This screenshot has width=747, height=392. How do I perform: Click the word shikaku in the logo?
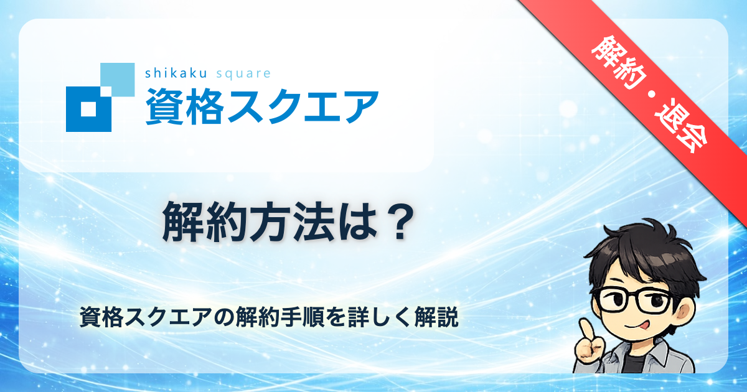pos(176,73)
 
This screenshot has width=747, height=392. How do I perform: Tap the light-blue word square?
pos(243,74)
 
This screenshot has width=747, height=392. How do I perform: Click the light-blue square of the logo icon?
pos(118,80)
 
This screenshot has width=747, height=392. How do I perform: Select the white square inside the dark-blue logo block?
pos(88,109)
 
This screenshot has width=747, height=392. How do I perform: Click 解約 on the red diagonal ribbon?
pos(619,62)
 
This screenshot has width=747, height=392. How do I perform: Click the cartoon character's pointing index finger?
pos(586,331)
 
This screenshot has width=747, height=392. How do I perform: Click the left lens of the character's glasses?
pos(613,300)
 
